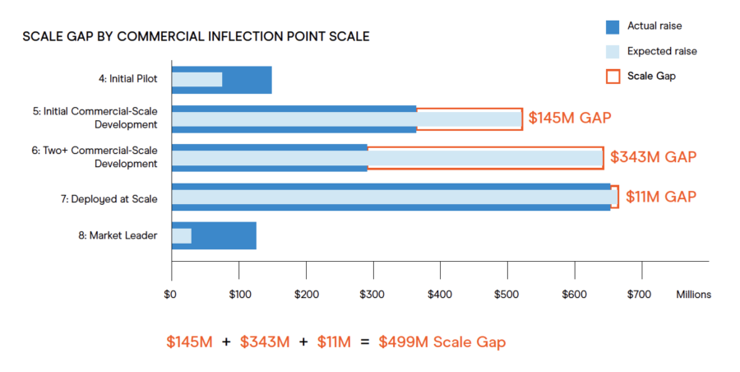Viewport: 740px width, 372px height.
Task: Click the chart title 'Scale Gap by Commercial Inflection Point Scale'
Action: tap(196, 37)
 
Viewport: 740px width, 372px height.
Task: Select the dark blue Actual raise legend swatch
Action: tap(612, 26)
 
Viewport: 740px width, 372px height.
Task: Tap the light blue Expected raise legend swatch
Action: tap(612, 51)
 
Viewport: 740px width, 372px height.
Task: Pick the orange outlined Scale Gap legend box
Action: tap(612, 76)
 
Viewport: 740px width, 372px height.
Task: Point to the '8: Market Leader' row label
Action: tap(123, 236)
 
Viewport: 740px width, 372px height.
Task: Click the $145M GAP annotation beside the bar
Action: tap(570, 118)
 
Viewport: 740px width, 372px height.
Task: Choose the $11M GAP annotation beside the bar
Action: tap(661, 197)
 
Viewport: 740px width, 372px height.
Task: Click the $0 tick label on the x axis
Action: tap(171, 294)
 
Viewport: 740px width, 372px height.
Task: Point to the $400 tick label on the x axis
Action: tap(440, 294)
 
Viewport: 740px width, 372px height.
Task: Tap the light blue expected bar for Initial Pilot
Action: tap(197, 80)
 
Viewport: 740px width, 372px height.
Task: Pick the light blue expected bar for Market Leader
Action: tap(182, 236)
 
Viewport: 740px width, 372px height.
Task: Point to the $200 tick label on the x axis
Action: tap(306, 294)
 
